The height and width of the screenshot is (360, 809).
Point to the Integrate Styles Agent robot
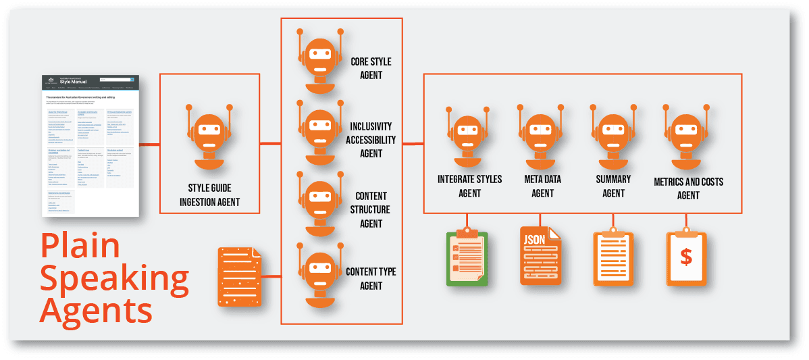[x=468, y=134]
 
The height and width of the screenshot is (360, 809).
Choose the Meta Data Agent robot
[x=540, y=134]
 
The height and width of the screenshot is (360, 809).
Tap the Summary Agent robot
[x=613, y=134]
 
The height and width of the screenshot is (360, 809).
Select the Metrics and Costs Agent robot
[x=687, y=134]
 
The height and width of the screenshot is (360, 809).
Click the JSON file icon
[x=540, y=255]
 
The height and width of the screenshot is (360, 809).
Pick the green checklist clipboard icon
[x=467, y=257]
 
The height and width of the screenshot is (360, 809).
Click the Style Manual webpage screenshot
[x=90, y=145]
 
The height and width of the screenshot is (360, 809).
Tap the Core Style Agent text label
[x=371, y=68]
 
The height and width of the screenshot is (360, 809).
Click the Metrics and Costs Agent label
[x=688, y=188]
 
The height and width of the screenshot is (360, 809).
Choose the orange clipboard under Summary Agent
[x=613, y=257]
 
